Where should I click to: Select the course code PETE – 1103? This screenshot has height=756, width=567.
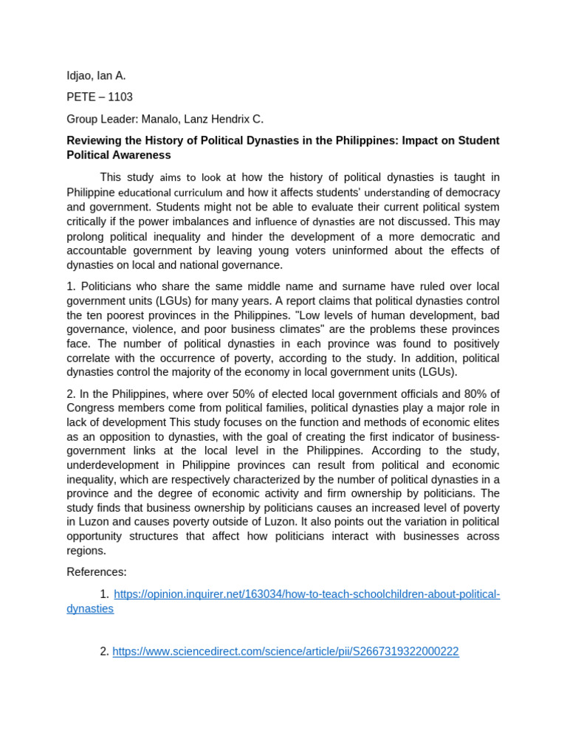tap(100, 97)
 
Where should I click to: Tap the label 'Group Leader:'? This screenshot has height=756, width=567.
tap(101, 119)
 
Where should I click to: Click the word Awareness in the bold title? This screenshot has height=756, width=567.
tap(142, 155)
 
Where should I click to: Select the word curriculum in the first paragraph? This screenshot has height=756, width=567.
tap(198, 193)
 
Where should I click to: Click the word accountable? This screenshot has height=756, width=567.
tap(98, 250)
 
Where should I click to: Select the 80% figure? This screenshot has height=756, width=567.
tap(474, 394)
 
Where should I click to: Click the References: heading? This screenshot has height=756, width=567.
tap(97, 571)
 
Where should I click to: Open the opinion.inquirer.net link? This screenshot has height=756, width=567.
tap(306, 594)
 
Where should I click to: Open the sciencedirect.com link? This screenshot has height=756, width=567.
tap(285, 651)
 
